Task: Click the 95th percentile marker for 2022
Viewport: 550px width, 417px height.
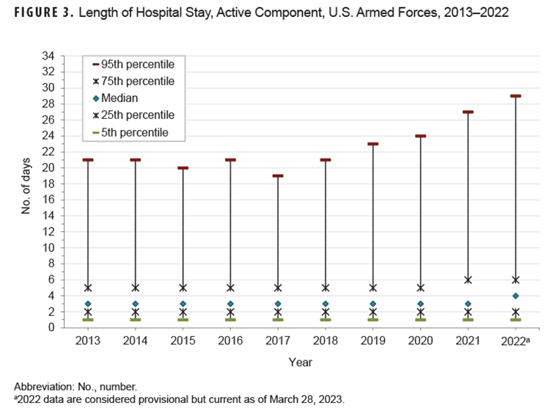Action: (516, 95)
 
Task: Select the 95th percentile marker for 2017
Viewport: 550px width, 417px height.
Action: (278, 175)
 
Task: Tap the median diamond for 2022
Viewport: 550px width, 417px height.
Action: (516, 296)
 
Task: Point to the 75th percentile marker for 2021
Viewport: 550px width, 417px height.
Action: (468, 280)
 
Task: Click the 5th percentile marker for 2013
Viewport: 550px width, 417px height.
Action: (88, 319)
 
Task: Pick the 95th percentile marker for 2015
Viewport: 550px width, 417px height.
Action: (183, 167)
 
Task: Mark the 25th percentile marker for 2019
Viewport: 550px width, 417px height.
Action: (373, 312)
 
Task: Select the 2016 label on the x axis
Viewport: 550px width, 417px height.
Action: (230, 341)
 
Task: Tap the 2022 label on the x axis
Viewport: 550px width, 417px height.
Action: (514, 341)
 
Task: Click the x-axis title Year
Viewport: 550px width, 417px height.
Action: (300, 362)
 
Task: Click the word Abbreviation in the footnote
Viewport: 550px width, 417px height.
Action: (43, 386)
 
